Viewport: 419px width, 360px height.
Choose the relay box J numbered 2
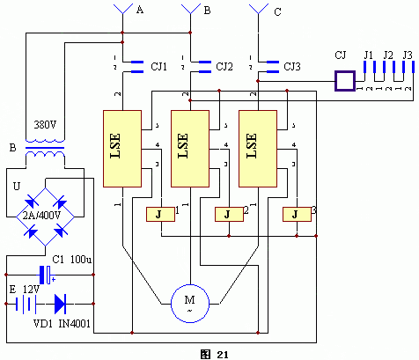(x=228, y=214)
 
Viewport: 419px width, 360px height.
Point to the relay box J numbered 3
(x=297, y=214)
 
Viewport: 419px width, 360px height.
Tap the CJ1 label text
(x=159, y=66)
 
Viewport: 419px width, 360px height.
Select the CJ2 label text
(x=224, y=66)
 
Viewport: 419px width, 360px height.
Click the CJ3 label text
(x=292, y=66)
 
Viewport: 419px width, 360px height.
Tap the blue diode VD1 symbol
(x=61, y=305)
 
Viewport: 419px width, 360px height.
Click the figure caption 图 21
(x=214, y=353)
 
